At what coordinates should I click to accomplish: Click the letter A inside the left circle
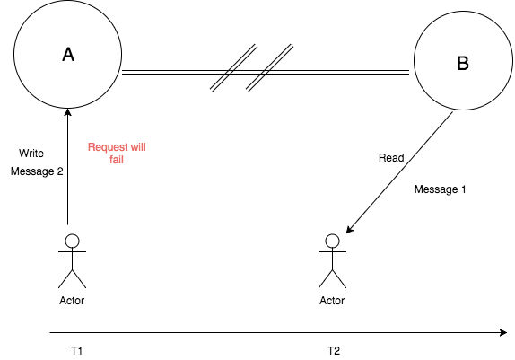click(x=68, y=55)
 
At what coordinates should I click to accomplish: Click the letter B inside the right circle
click(x=463, y=63)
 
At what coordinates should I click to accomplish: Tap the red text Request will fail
click(x=117, y=154)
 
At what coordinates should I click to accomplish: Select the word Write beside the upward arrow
click(x=31, y=154)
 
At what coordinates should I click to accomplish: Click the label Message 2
click(x=37, y=171)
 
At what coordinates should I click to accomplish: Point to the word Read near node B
click(x=391, y=158)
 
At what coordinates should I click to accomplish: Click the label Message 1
click(x=440, y=189)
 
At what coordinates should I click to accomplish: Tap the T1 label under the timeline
click(x=76, y=351)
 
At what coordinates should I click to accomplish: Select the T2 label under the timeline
click(x=334, y=351)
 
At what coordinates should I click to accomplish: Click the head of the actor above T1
click(x=73, y=241)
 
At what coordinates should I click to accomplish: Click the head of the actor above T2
click(x=332, y=241)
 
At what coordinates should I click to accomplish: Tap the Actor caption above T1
click(x=72, y=301)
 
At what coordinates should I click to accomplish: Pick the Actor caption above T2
click(x=332, y=301)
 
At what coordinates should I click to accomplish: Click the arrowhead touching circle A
click(x=68, y=112)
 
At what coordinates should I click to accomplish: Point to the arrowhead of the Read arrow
click(x=350, y=230)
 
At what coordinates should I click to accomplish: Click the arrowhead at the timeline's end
click(x=503, y=332)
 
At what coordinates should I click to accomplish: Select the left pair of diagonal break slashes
click(x=233, y=67)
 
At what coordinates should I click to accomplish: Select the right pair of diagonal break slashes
click(x=270, y=67)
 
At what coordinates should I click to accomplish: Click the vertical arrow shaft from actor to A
click(x=68, y=167)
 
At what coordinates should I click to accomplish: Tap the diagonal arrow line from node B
click(x=399, y=172)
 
